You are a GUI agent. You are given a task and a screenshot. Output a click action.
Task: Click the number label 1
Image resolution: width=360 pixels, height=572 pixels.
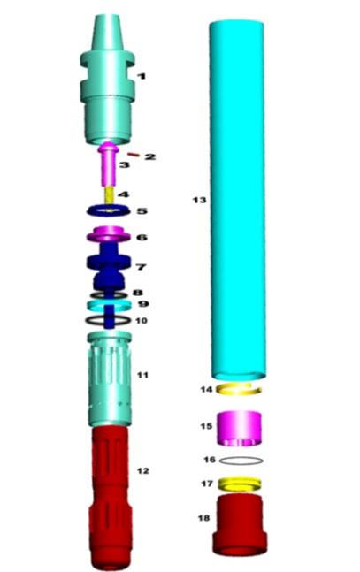141,76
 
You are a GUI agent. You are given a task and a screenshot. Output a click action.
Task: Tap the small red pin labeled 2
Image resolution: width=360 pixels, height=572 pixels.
134,155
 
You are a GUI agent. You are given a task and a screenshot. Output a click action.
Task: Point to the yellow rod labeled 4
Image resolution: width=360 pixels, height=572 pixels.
109,196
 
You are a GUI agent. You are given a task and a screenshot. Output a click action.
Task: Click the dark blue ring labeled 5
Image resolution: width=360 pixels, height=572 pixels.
109,211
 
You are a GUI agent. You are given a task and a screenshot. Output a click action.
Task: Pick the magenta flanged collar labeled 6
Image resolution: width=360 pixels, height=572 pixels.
109,233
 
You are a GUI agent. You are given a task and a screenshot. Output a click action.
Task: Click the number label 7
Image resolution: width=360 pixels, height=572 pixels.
141,267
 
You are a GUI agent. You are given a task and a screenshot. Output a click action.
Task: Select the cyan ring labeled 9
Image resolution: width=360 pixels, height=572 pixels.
109,305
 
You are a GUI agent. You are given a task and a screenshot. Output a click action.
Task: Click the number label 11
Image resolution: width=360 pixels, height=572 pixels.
142,375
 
